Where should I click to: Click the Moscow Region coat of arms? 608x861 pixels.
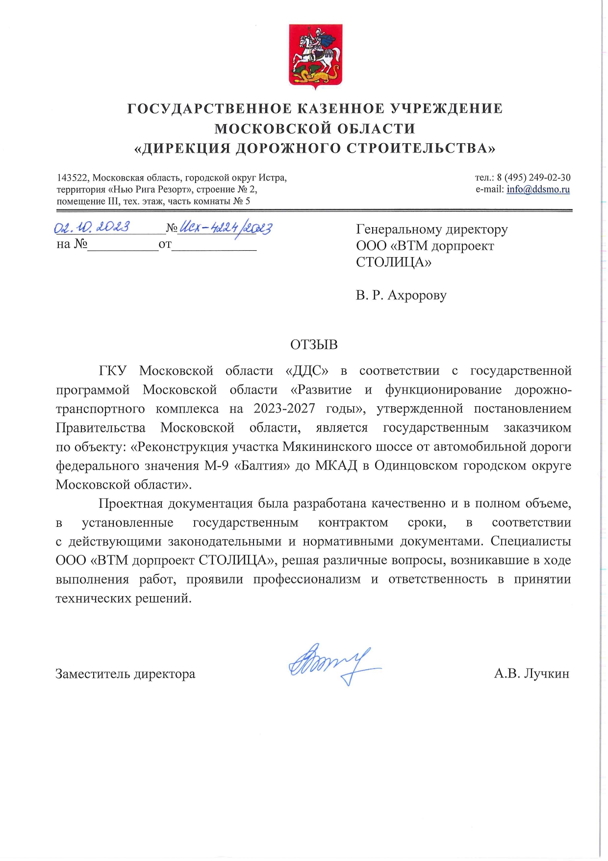tap(315, 55)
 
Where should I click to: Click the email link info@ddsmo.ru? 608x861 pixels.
tap(538, 189)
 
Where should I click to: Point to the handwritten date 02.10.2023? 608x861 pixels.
tap(92, 227)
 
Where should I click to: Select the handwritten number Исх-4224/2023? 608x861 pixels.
tap(226, 228)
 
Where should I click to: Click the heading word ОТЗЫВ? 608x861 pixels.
tap(314, 345)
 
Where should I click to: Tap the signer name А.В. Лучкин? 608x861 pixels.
tap(532, 674)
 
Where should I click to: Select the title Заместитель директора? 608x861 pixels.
tap(125, 674)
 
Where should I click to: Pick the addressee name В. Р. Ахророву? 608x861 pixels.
tap(401, 295)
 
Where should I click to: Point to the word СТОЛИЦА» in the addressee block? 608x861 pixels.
tap(393, 262)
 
